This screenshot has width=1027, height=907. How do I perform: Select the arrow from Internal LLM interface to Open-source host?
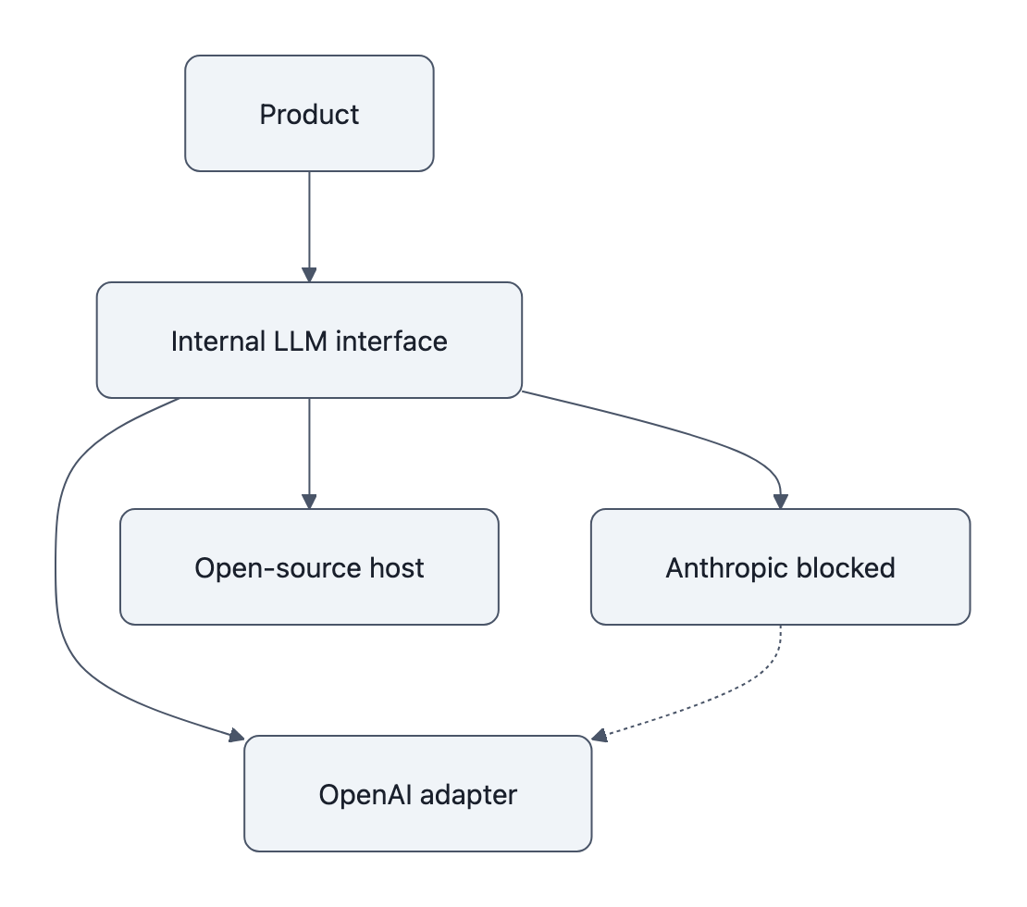click(309, 453)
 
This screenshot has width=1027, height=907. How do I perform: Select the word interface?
click(391, 341)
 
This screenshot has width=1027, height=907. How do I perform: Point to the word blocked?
click(849, 567)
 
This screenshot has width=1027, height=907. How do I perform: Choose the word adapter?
click(467, 794)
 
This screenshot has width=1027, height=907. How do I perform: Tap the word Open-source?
click(269, 567)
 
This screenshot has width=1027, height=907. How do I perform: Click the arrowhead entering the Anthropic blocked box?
click(781, 501)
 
